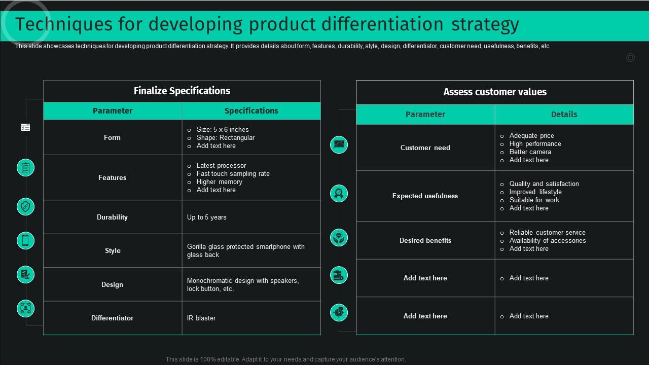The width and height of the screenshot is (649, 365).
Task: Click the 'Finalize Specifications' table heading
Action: coord(182,91)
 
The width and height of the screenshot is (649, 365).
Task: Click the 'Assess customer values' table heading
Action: coord(495,92)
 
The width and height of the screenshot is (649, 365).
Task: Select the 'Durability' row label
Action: coord(112,217)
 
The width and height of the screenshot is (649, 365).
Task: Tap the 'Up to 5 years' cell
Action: coord(207,217)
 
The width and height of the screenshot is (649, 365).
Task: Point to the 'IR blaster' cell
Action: coord(201,318)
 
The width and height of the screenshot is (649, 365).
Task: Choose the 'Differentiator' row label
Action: coord(112,318)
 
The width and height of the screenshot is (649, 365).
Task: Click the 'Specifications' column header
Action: coord(251,111)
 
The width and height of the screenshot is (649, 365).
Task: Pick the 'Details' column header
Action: coord(564,115)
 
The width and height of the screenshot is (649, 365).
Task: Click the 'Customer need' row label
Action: coord(425,148)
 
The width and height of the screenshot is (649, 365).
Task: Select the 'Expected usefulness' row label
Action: coord(425,196)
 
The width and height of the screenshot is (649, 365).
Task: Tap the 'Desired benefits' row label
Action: coord(425,241)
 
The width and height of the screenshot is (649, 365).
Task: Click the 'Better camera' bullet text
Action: coord(530,152)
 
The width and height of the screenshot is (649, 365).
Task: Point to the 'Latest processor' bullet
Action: coord(221,166)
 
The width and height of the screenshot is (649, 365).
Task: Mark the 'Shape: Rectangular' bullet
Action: coord(225,138)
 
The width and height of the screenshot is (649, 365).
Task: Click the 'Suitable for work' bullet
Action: coord(534,200)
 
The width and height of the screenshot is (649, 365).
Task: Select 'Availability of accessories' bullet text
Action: coord(548,241)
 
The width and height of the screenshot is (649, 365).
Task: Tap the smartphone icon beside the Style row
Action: coord(25,240)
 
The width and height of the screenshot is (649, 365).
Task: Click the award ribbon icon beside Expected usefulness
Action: coord(339,193)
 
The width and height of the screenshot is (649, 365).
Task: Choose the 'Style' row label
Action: coord(113,251)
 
